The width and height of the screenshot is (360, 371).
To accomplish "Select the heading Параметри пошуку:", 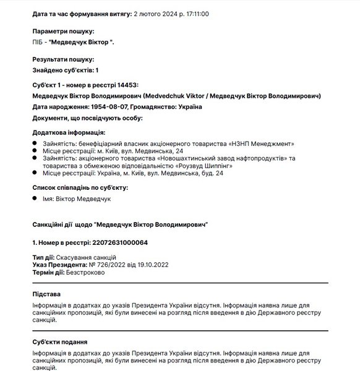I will pyautogui.click(x=62, y=31).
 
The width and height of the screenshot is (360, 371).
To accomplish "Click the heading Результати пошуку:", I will pyautogui.click(x=62, y=59).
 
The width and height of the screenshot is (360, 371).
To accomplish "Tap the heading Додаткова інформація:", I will pyautogui.click(x=69, y=132).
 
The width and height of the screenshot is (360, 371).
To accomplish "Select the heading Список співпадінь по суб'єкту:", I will pyautogui.click(x=79, y=187).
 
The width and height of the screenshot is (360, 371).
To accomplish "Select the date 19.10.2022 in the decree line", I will pyautogui.click(x=148, y=264).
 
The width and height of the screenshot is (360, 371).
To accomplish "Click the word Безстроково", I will pyautogui.click(x=85, y=272).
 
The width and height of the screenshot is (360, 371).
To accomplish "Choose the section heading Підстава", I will pyautogui.click(x=47, y=294).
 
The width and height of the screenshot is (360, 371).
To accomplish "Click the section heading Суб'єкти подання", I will pyautogui.click(x=59, y=341).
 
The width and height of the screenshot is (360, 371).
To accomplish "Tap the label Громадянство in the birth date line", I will pyautogui.click(x=159, y=107).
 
